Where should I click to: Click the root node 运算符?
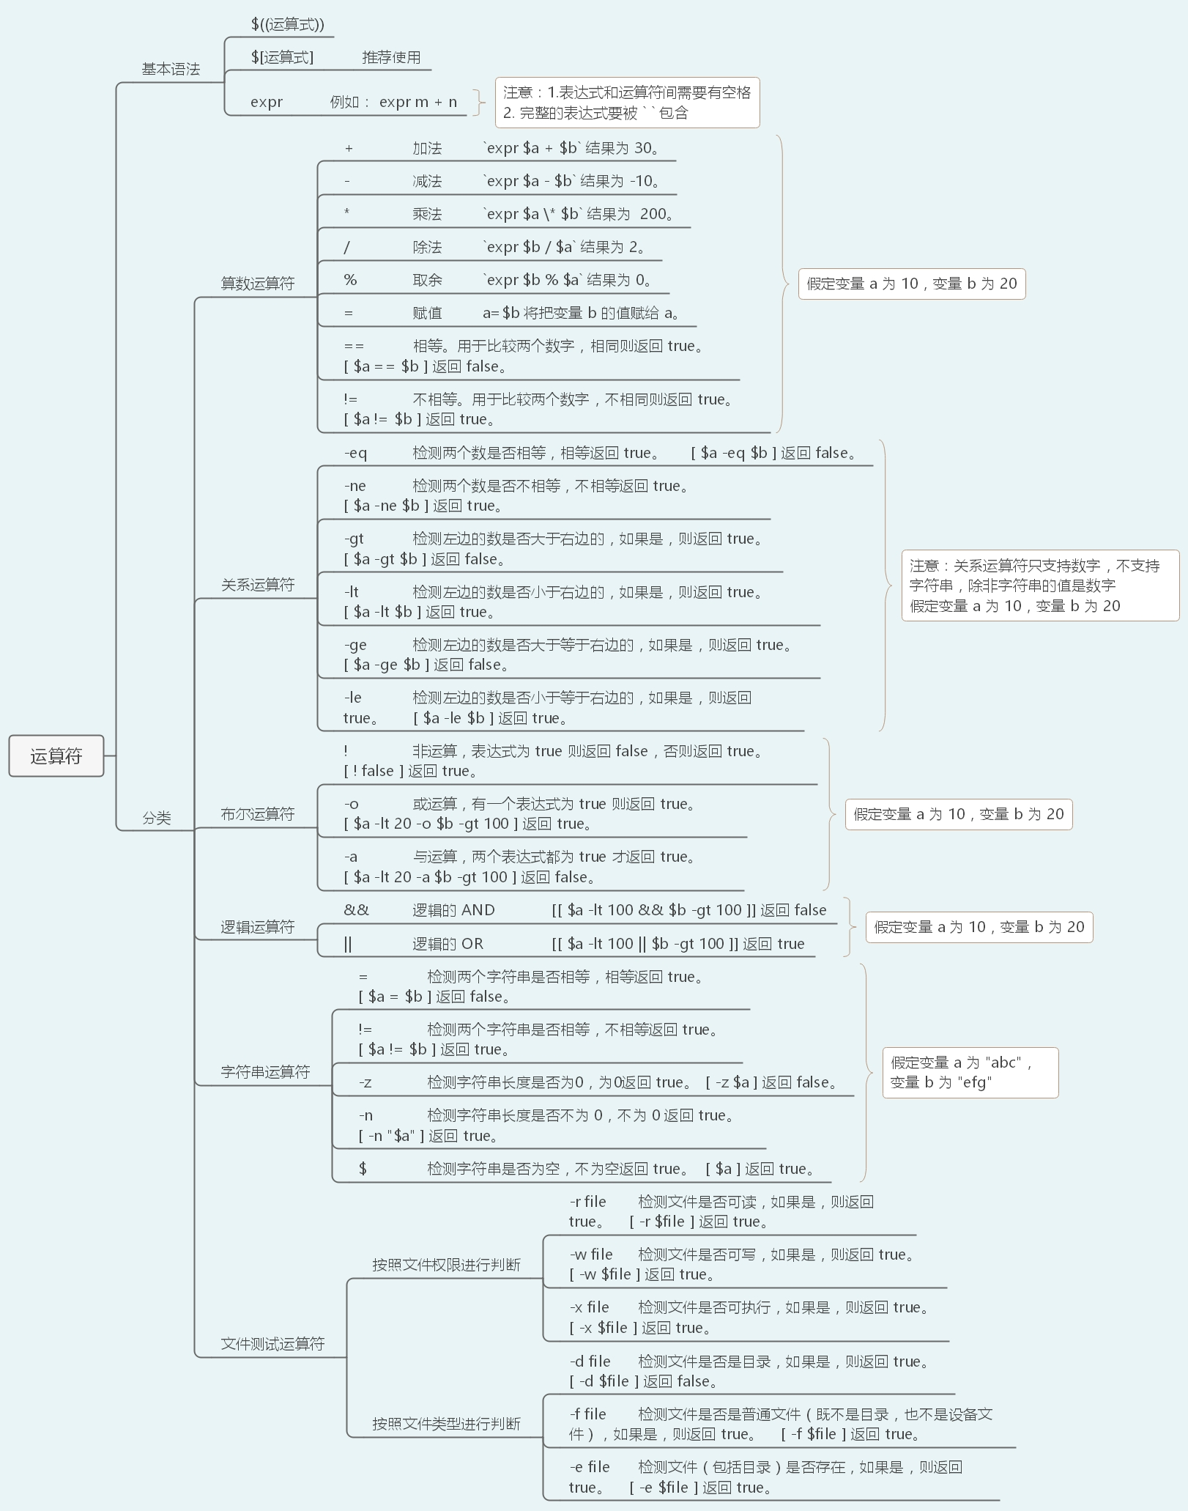[x=56, y=755]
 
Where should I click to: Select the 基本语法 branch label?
[x=171, y=69]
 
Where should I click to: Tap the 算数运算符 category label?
[x=258, y=284]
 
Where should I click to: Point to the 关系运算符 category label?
[x=258, y=585]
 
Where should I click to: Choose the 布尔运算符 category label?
[x=258, y=814]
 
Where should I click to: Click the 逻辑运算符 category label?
[x=258, y=927]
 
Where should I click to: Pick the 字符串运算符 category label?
[x=265, y=1072]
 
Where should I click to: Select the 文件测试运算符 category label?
[x=272, y=1344]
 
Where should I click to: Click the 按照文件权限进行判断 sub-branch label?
[x=446, y=1265]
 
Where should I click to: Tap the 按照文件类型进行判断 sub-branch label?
[x=446, y=1424]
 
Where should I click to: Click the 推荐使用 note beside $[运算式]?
[x=391, y=57]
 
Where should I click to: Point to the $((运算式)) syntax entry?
[x=287, y=24]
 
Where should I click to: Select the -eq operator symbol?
[x=355, y=453]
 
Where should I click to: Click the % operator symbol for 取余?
[x=350, y=280]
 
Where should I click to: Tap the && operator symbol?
[x=356, y=910]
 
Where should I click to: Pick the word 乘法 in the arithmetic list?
[x=427, y=214]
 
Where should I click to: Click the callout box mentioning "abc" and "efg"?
[x=970, y=1072]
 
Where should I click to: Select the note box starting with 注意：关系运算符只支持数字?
[x=1040, y=585]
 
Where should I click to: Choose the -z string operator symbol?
[x=365, y=1082]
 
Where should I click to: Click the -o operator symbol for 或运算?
[x=351, y=804]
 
